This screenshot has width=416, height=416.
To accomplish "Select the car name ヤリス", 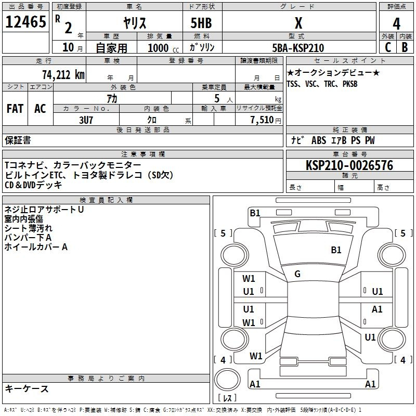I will coord(134,23).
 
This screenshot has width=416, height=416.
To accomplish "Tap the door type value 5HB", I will coord(202,23).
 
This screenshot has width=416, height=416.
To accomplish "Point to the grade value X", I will coord(298,23).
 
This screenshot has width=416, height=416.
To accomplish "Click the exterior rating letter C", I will coord(388,47).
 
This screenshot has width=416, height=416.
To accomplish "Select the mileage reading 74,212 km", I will coord(63,74).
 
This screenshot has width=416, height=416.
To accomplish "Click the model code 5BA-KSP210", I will coord(298,48).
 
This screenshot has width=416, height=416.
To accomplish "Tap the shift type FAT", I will coord(15,109).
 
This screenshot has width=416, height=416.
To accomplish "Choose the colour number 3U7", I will coord(87,120).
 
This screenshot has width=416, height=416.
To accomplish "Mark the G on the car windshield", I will coord(297,274).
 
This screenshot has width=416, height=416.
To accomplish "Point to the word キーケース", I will coord(27,388).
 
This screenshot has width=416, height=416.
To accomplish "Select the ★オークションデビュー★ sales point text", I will coord(333,73).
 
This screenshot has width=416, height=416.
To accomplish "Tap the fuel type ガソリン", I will coord(202,47).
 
